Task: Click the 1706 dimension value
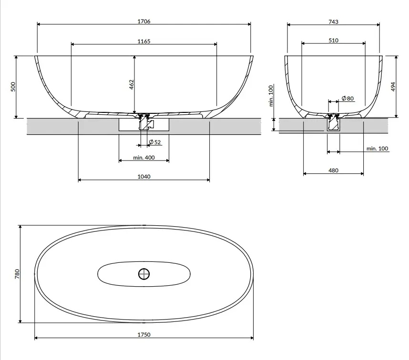[x=144, y=21]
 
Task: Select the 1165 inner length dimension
[x=144, y=41]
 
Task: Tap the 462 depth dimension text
[x=132, y=85]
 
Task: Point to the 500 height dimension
[x=13, y=87]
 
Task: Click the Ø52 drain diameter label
[x=154, y=142]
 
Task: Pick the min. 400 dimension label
[x=144, y=158]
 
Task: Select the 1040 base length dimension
[x=144, y=177]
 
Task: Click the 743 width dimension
[x=333, y=22]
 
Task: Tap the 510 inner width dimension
[x=333, y=40]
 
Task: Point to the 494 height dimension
[x=393, y=87]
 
